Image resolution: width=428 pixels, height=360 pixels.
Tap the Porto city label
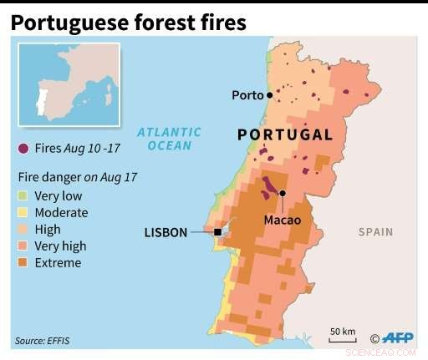click(247, 95)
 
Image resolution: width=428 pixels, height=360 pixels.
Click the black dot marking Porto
click(269, 96)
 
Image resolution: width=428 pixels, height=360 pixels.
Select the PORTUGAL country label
click(285, 134)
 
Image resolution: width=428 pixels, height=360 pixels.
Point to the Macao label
click(282, 221)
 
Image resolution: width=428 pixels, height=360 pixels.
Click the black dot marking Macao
click(283, 194)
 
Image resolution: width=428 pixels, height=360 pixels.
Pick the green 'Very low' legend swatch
click(23, 196)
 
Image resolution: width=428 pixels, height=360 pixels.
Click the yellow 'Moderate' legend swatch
click(23, 213)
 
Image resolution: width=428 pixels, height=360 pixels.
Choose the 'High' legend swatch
click(23, 230)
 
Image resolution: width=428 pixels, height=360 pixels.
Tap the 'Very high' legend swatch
click(23, 246)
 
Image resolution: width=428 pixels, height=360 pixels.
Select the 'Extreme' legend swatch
click(23, 263)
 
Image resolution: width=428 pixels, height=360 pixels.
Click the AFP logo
click(395, 338)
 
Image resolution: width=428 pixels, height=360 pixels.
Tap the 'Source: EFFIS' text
click(42, 341)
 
